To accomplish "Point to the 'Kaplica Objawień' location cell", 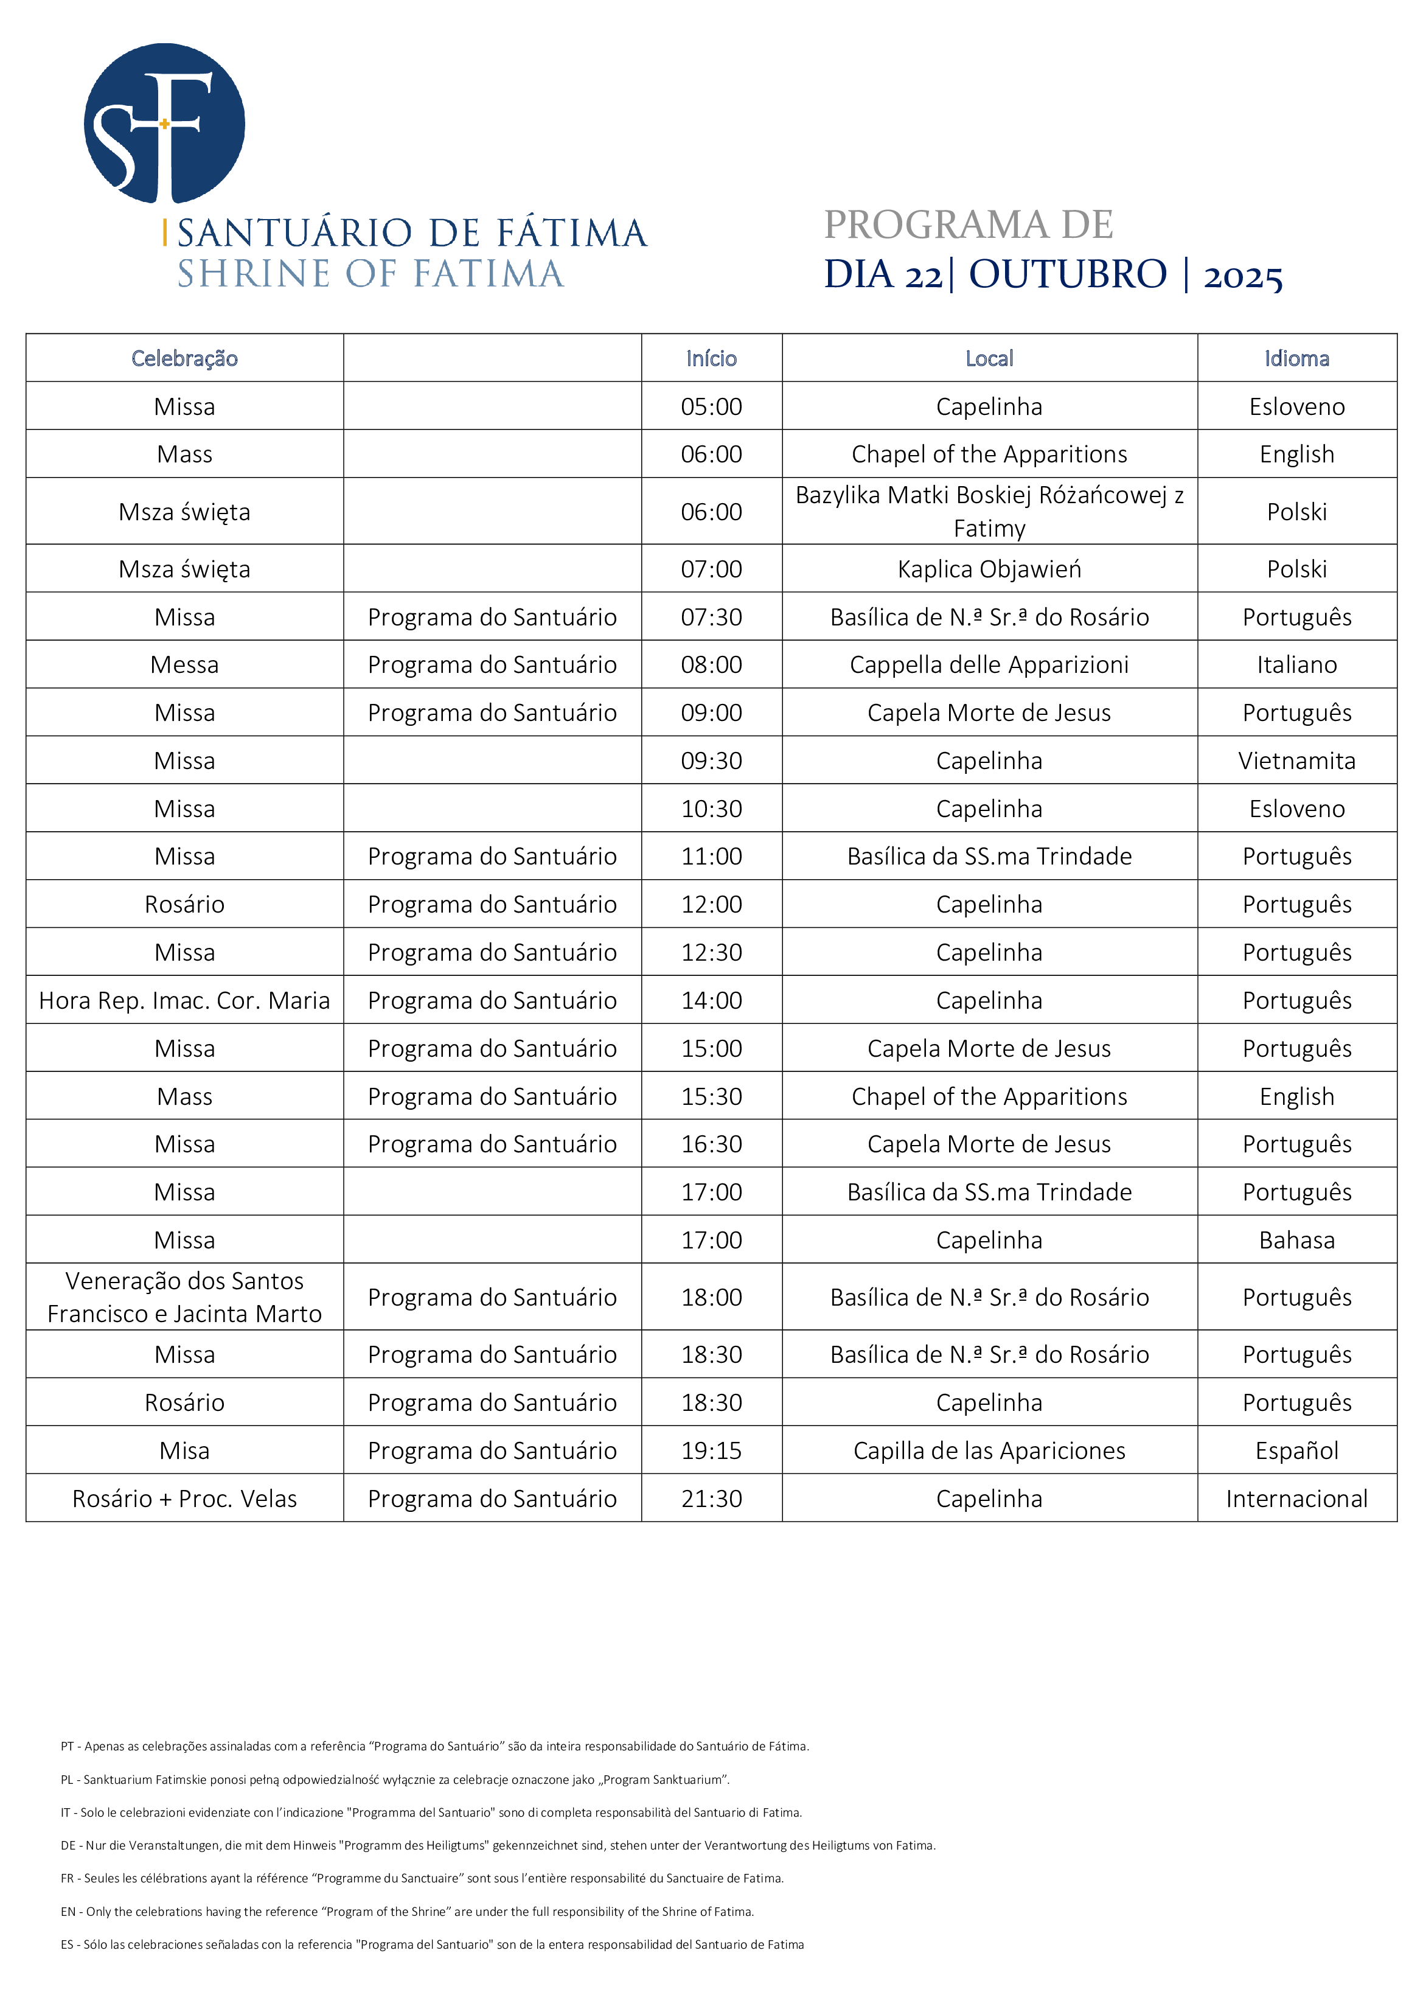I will point(989,569).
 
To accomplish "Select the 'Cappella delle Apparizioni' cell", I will point(989,665).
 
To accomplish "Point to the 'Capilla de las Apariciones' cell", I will point(989,1451).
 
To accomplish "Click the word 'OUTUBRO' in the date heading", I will point(1067,274).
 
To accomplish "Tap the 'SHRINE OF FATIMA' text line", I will point(371,274).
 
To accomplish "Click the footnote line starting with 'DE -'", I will point(498,1845).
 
